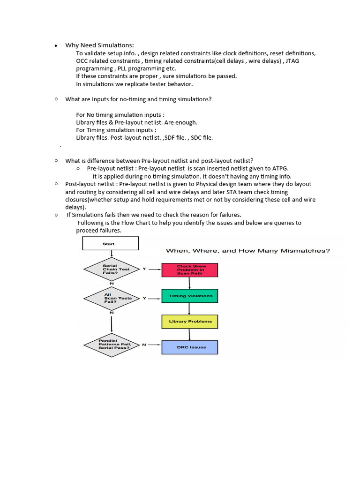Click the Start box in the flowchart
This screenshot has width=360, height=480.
point(110,243)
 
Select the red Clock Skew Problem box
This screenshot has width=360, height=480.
point(190,270)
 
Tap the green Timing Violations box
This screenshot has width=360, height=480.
point(190,296)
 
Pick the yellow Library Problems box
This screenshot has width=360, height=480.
point(190,322)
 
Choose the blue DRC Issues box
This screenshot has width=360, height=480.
point(190,347)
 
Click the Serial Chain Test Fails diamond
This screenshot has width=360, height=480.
point(112,269)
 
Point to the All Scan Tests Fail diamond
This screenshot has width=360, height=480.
point(112,298)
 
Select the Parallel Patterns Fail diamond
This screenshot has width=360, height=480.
point(112,345)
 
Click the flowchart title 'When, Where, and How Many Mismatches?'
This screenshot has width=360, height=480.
point(248,251)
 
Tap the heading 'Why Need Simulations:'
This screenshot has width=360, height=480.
point(99,45)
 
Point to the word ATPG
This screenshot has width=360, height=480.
point(280,168)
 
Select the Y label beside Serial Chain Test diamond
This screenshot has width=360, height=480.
point(144,269)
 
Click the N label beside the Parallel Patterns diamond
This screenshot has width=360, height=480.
point(144,345)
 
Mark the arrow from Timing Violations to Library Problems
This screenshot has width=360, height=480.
point(189,309)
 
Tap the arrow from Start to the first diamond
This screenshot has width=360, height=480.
point(111,254)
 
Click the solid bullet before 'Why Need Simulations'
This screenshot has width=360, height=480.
point(56,46)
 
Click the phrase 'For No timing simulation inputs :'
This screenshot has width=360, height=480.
point(120,115)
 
